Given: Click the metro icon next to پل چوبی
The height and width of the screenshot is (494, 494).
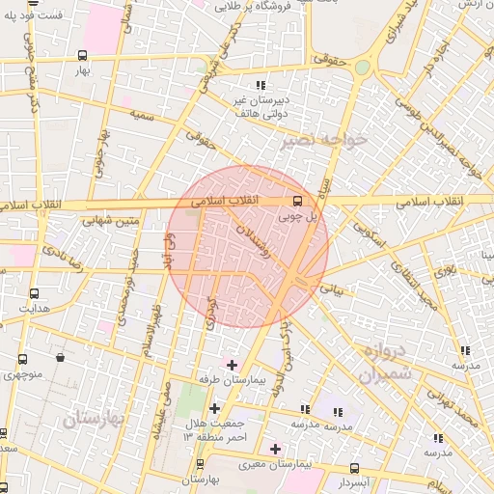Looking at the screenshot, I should point(296,202).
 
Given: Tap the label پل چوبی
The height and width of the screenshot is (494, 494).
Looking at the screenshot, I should point(295,218).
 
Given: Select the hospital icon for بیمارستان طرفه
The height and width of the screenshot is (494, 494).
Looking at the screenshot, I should point(231,364).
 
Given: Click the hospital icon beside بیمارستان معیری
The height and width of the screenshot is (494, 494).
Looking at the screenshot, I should point(275,449).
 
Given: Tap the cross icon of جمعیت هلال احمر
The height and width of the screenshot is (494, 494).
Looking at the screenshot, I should point(214,408).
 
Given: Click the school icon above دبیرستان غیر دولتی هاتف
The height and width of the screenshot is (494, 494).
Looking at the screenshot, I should point(261,85).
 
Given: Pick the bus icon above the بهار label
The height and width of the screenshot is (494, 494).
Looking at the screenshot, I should point(82,55).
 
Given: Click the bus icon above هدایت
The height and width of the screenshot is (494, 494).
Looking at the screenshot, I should point(36,293).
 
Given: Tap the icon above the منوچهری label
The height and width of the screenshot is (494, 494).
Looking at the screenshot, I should point(61,357).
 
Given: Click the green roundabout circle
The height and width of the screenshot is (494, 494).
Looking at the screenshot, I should point(362,68).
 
